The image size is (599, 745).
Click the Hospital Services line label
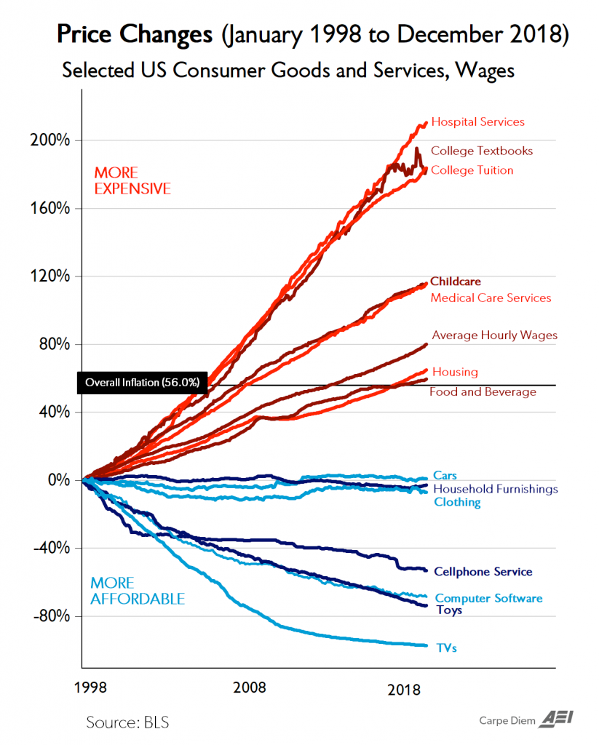477,122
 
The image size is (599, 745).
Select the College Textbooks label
482,151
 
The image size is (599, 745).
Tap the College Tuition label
472,170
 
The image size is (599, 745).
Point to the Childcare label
456,282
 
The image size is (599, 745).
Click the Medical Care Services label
491,298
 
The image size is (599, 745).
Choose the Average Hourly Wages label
494,335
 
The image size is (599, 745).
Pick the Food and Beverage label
483,392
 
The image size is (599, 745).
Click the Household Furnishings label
495,489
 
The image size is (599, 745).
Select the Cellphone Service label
483,572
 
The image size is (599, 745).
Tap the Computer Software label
488,599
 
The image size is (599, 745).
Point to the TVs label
446,647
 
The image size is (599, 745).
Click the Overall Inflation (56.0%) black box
143,382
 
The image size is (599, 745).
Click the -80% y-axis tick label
53,616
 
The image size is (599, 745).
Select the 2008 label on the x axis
248,688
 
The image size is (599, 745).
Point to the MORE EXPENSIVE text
132,181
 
